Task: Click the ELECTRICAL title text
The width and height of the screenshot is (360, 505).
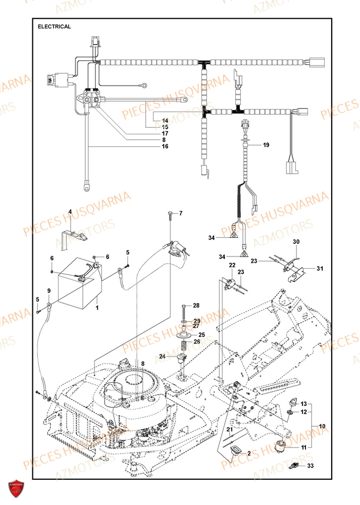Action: (x=55, y=26)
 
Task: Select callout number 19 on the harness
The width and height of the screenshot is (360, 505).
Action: (x=266, y=145)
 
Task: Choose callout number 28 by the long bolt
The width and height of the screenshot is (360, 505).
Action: (x=196, y=306)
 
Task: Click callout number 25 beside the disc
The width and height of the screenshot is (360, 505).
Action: (x=201, y=334)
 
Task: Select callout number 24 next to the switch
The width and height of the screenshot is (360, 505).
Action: (x=162, y=357)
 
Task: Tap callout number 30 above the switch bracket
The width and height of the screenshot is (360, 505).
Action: (x=296, y=242)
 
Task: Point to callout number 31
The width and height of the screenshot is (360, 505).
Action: (x=320, y=268)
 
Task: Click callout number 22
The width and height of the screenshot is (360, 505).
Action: (x=232, y=265)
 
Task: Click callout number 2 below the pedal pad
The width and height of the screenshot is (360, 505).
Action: (x=249, y=453)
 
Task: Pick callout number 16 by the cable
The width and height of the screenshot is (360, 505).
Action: (x=165, y=146)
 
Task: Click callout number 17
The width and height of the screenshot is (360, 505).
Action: (x=165, y=133)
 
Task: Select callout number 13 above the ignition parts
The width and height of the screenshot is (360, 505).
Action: (x=303, y=404)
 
